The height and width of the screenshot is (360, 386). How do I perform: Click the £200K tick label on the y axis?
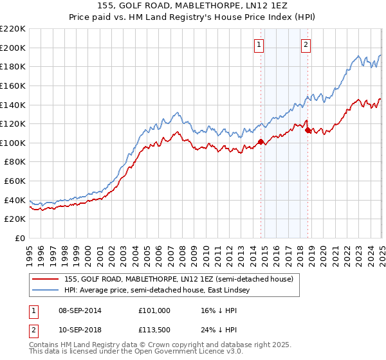[x=13, y=48]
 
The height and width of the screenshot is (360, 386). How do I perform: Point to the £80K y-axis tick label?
[x=15, y=162]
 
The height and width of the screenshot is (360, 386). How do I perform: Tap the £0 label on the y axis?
[x=20, y=239]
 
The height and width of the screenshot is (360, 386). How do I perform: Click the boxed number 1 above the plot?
[x=259, y=44]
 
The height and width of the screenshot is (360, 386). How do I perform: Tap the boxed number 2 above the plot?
[x=306, y=44]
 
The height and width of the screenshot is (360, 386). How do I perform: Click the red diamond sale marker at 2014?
[x=261, y=142]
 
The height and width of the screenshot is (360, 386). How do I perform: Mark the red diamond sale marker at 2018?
[x=308, y=130]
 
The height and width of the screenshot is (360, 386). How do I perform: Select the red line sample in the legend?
[x=46, y=279]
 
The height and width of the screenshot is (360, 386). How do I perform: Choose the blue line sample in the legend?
[x=46, y=291]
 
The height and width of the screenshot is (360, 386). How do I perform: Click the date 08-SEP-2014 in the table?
[x=79, y=310]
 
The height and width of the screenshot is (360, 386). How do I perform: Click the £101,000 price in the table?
[x=154, y=310]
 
